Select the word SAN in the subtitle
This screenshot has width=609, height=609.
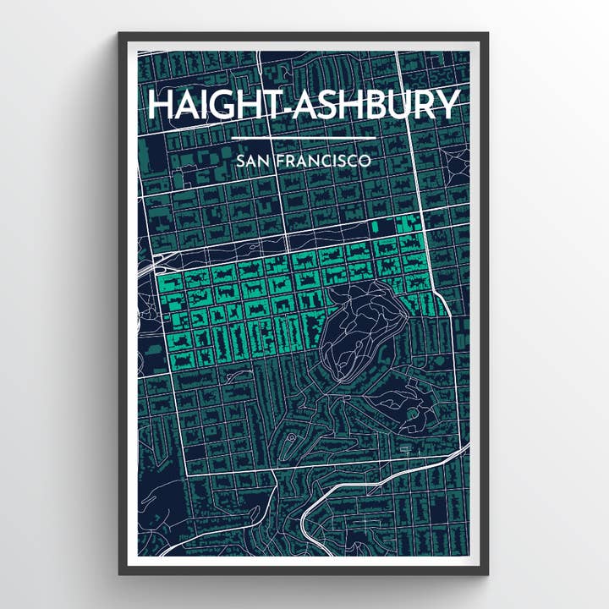252,160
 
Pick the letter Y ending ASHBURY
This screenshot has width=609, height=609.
448,105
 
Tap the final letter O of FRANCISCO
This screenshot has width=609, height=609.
364,160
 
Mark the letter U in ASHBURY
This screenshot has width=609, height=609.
396,105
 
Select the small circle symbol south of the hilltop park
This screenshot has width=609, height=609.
291,438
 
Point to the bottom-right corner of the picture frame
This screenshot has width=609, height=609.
487,573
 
